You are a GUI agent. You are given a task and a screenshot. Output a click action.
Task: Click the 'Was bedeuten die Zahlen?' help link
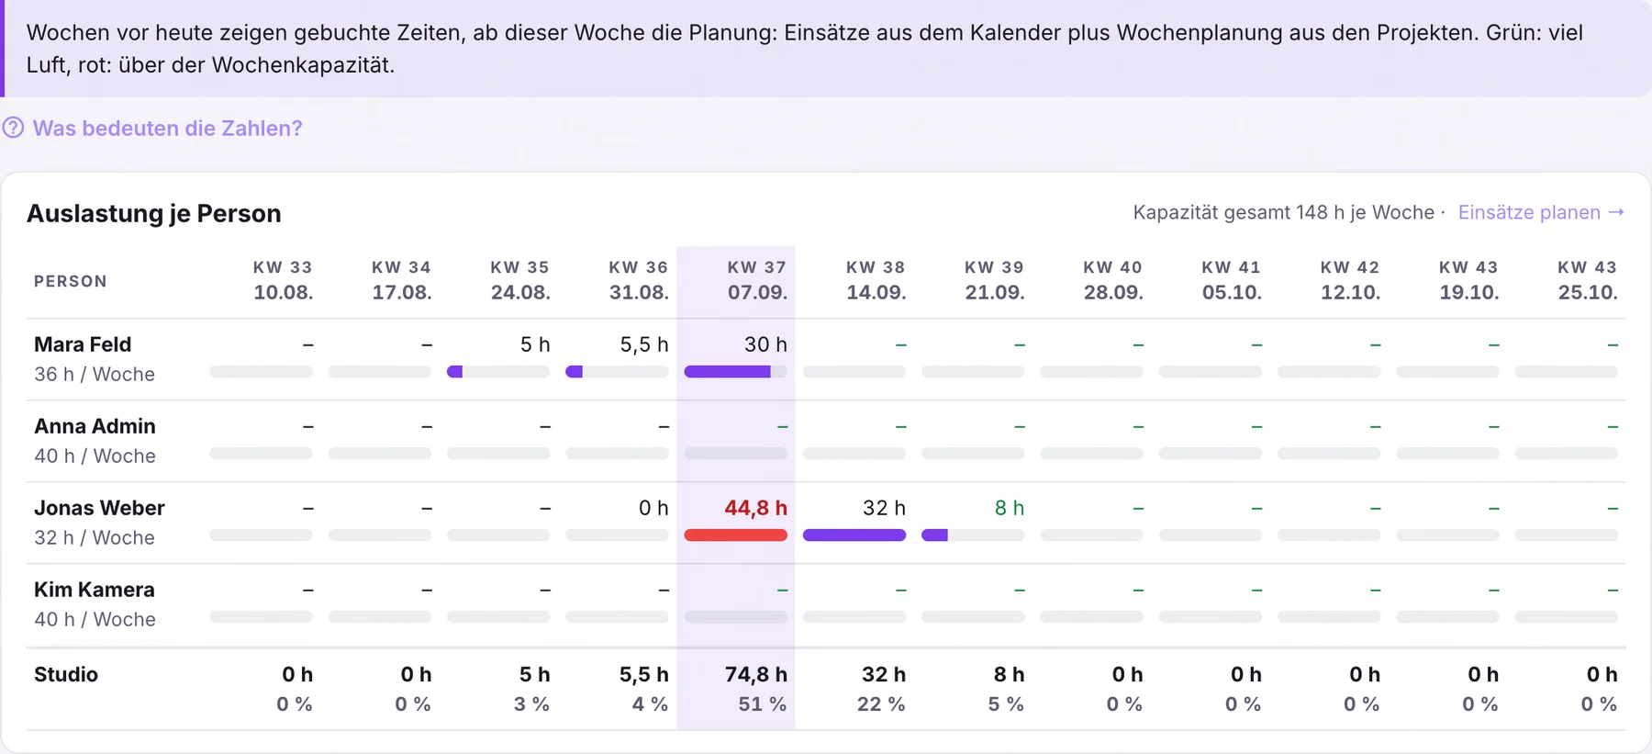(167, 129)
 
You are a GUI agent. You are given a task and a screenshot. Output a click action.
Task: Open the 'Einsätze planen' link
(1541, 212)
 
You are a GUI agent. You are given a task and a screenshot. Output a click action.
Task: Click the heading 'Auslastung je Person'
(154, 213)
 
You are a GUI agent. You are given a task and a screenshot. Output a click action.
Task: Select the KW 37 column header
(757, 280)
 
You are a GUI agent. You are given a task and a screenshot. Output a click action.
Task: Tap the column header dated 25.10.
(1588, 280)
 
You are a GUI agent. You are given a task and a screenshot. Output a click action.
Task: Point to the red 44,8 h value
(755, 508)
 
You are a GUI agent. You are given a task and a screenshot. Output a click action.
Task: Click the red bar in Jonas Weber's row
(736, 535)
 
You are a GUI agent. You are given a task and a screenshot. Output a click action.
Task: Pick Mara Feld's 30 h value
(765, 344)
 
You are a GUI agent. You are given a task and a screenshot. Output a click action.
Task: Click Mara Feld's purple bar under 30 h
(727, 372)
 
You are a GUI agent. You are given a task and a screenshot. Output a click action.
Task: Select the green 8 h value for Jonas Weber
(1010, 508)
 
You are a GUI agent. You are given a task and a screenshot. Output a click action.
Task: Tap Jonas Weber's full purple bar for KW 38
(854, 535)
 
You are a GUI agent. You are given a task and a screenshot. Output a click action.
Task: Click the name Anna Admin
(95, 426)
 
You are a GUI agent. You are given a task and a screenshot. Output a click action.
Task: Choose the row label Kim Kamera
(95, 590)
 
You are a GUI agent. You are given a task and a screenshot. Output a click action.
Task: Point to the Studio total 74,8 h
(756, 674)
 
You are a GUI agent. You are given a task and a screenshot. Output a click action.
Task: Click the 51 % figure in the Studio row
(763, 704)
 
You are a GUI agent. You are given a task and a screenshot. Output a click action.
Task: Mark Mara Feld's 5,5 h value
(644, 344)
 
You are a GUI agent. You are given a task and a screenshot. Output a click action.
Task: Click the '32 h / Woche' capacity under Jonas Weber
(95, 537)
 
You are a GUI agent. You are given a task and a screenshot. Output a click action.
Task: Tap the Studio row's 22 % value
(881, 704)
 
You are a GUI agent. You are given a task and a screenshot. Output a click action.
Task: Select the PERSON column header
(71, 281)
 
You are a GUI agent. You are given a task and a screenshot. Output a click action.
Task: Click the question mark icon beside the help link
(13, 128)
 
